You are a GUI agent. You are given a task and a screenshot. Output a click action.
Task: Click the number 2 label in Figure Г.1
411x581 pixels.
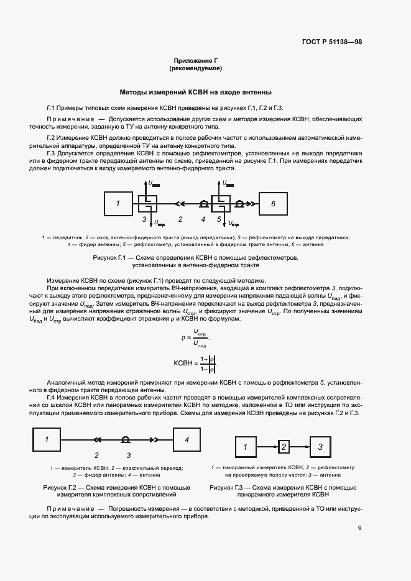180,219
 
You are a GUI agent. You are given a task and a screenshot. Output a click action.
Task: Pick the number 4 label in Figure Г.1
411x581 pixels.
203,219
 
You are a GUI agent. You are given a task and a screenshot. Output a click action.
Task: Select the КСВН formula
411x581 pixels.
196,364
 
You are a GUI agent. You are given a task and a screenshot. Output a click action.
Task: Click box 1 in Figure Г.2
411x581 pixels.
48,440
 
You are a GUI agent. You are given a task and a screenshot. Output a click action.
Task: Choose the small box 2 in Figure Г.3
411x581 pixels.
283,446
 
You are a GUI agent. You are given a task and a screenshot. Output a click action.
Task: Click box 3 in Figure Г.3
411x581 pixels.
320,447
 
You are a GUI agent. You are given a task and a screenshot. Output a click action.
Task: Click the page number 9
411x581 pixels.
360,529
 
